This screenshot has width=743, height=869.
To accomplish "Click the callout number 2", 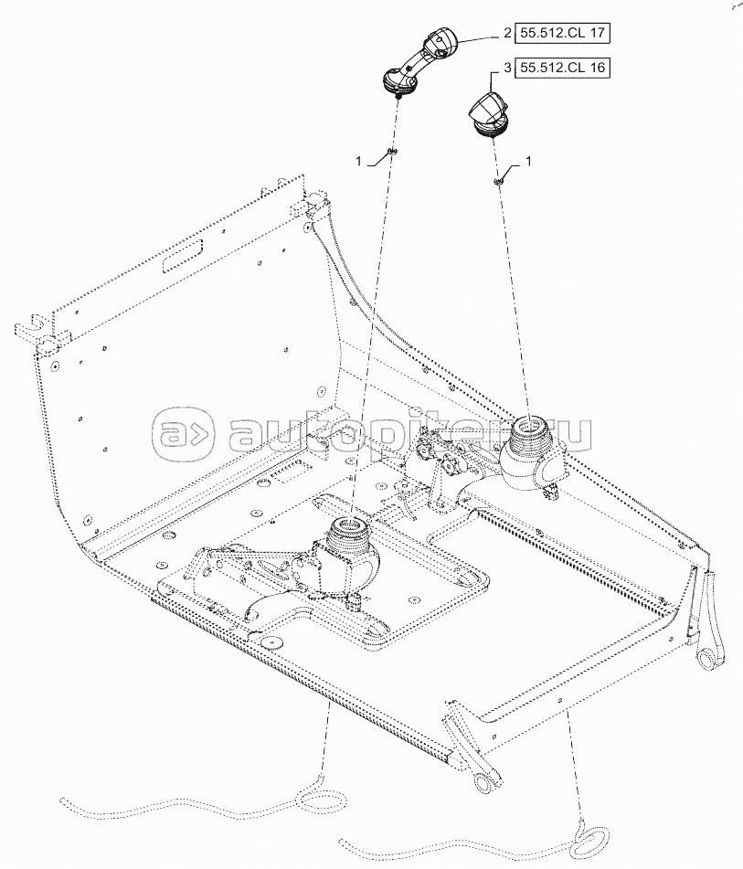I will pyautogui.click(x=506, y=34).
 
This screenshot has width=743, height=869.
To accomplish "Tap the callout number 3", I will pyautogui.click(x=506, y=68).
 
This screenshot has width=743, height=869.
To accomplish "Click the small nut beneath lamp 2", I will pyautogui.click(x=392, y=152).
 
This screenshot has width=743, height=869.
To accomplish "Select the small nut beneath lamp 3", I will pyautogui.click(x=501, y=180).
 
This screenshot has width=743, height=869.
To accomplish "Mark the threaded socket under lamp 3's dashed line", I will pyautogui.click(x=529, y=429).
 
